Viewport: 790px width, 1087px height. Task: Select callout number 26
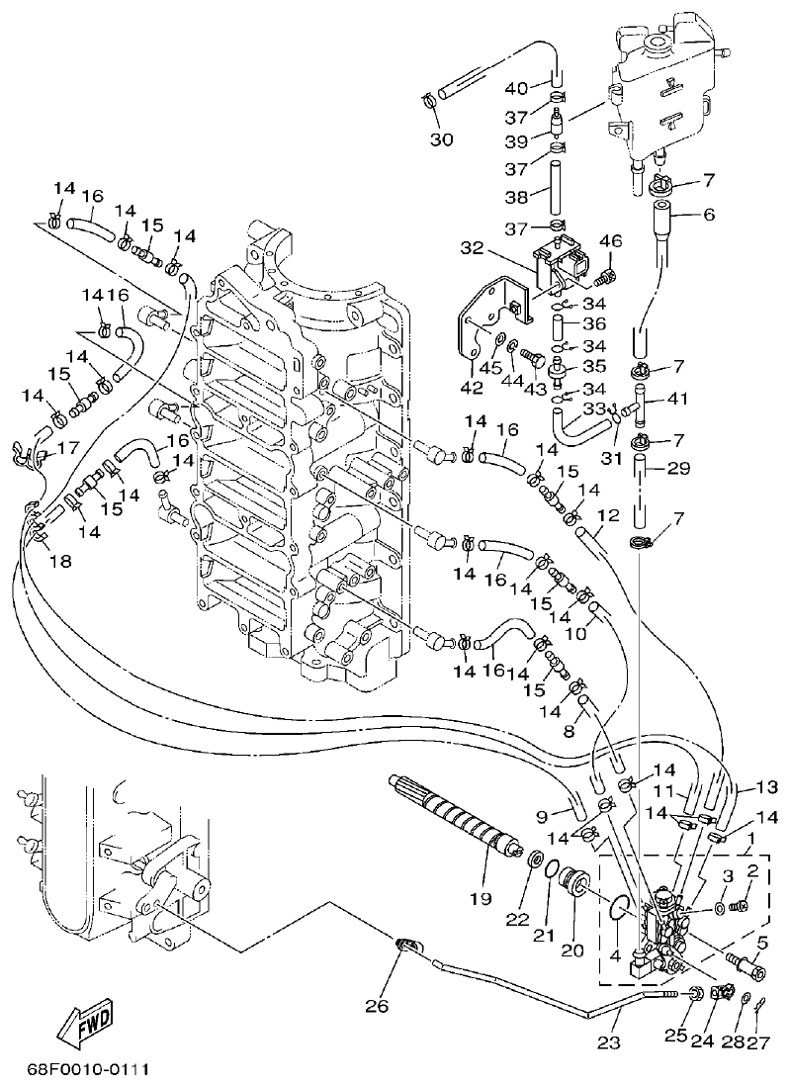377,1006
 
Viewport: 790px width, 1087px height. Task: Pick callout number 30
441,139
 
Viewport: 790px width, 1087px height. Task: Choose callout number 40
518,87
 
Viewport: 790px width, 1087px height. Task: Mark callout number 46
610,240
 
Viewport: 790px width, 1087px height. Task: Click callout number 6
679,214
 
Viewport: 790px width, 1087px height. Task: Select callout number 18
60,562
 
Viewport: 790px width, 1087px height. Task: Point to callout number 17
68,447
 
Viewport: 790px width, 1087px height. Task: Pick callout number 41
679,400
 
